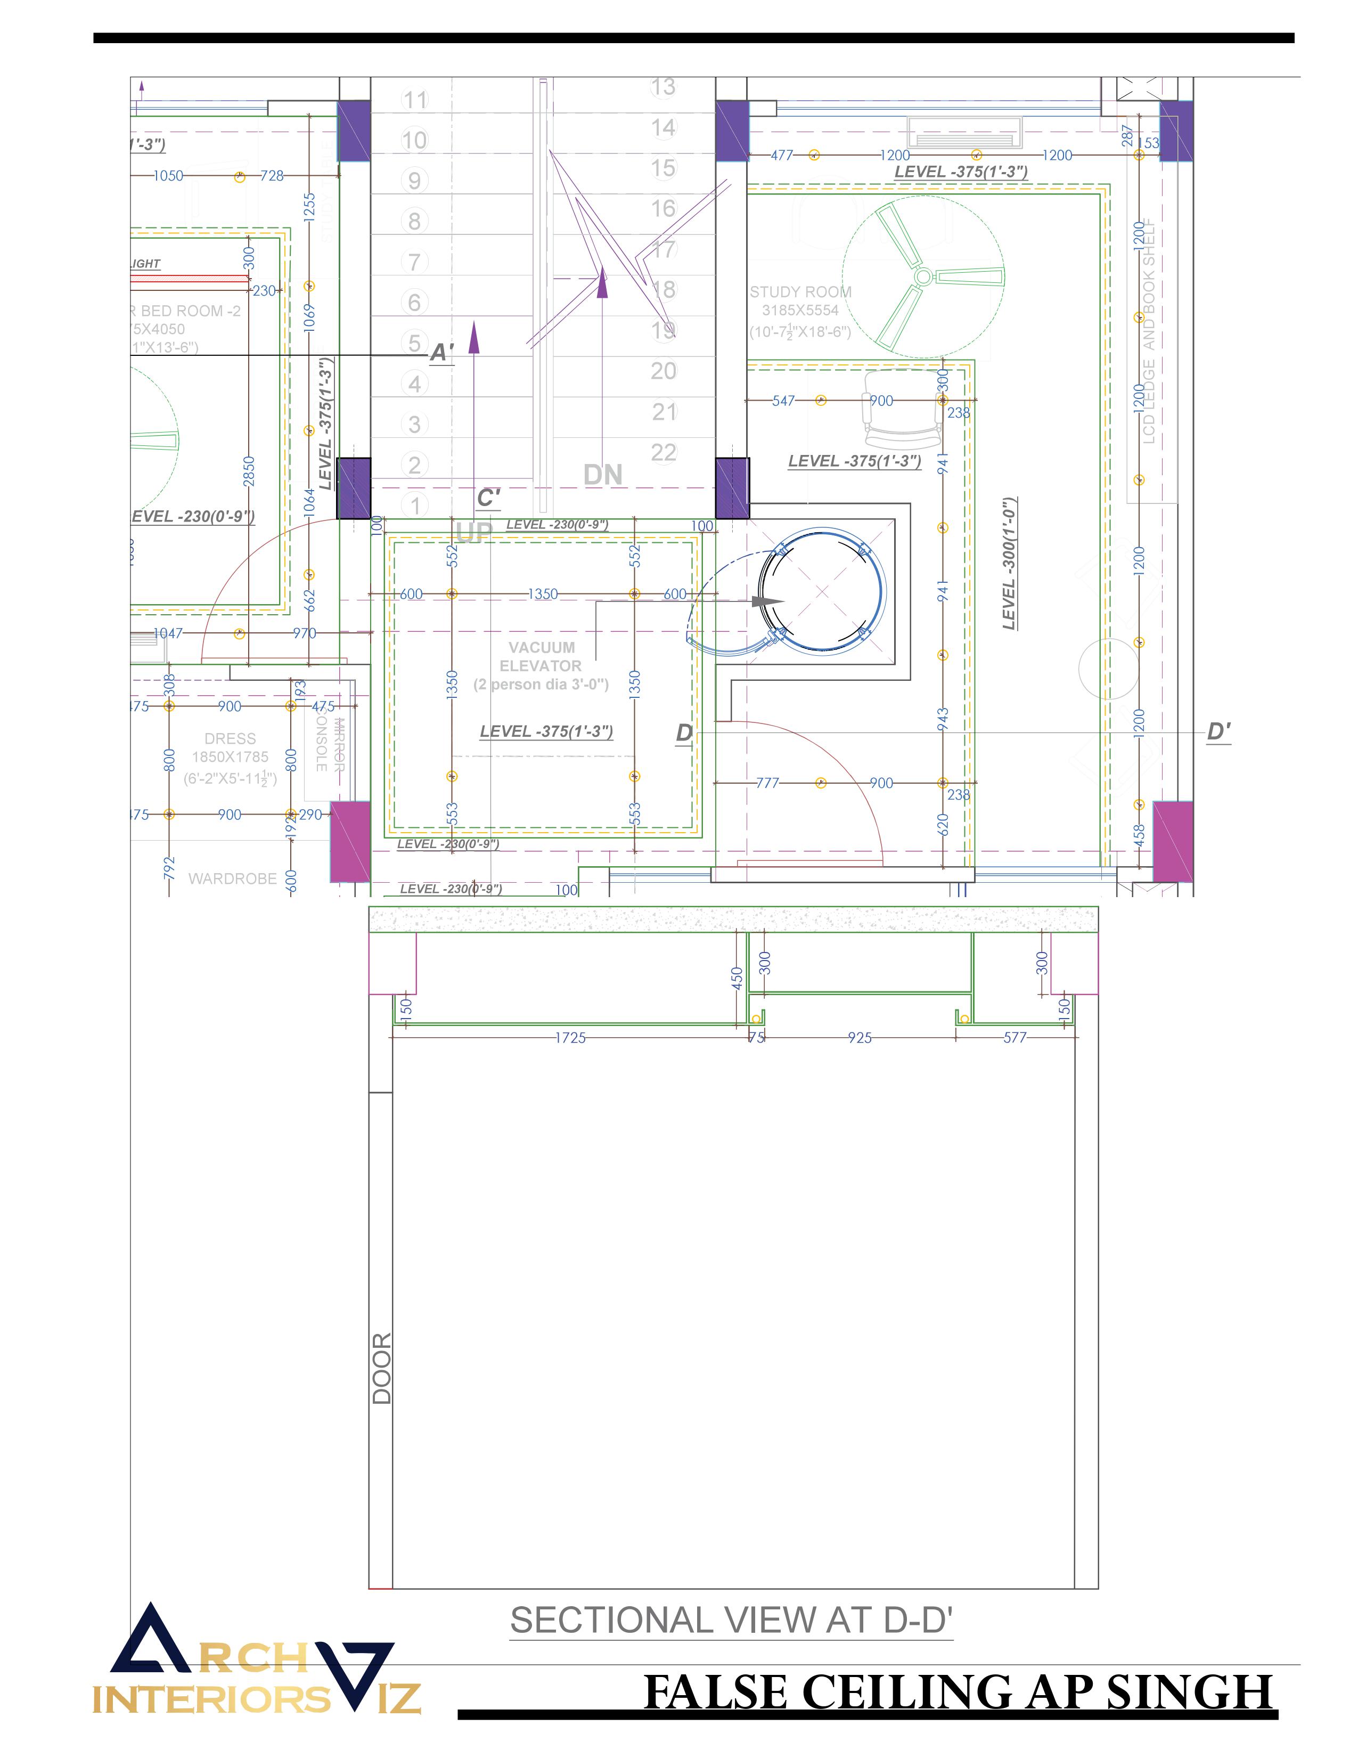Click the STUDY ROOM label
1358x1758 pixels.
tap(800, 292)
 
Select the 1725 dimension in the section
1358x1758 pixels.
tap(570, 1038)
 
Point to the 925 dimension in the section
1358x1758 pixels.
tap(859, 1038)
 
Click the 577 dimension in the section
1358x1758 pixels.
tap(1015, 1038)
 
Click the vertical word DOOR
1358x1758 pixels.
tap(382, 1369)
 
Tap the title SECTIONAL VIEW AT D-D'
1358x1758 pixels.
tap(731, 1621)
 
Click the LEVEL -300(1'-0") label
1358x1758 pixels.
tap(1010, 564)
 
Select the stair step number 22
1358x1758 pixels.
tap(663, 452)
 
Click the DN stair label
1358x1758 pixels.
tap(602, 475)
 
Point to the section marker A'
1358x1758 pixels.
tap(441, 353)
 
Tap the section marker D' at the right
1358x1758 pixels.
tap(1218, 731)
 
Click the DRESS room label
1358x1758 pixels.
tap(230, 739)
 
